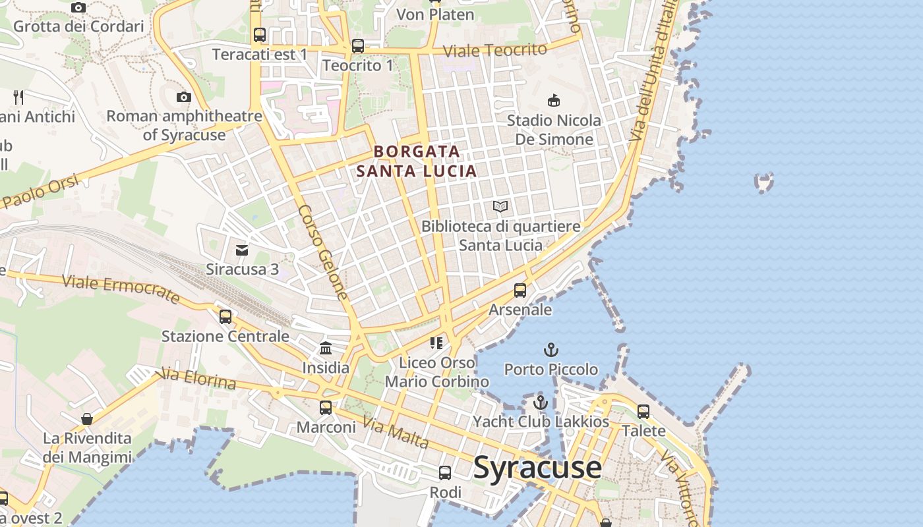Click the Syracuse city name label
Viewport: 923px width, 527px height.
point(537,468)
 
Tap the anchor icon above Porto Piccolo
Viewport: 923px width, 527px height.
point(551,350)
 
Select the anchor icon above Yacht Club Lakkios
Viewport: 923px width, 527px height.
point(541,402)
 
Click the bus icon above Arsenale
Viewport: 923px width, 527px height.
point(520,290)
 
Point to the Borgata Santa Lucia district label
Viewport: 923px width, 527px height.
point(416,161)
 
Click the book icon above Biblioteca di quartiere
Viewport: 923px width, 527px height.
point(500,207)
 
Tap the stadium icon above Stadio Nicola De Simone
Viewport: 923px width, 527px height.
point(554,101)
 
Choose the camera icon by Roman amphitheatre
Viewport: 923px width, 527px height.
point(183,97)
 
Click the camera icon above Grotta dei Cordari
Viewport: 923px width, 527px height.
point(78,8)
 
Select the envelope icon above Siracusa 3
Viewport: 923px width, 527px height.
point(242,250)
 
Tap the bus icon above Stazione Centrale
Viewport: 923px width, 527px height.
point(225,317)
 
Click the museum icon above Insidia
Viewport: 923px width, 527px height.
point(326,348)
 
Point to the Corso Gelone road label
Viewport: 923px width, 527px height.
point(323,252)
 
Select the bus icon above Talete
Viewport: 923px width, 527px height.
point(643,412)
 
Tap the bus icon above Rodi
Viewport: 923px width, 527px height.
point(445,473)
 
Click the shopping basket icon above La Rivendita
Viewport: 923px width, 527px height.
point(87,419)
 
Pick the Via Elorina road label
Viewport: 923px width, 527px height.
point(198,379)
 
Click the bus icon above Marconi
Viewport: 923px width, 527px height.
point(326,408)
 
